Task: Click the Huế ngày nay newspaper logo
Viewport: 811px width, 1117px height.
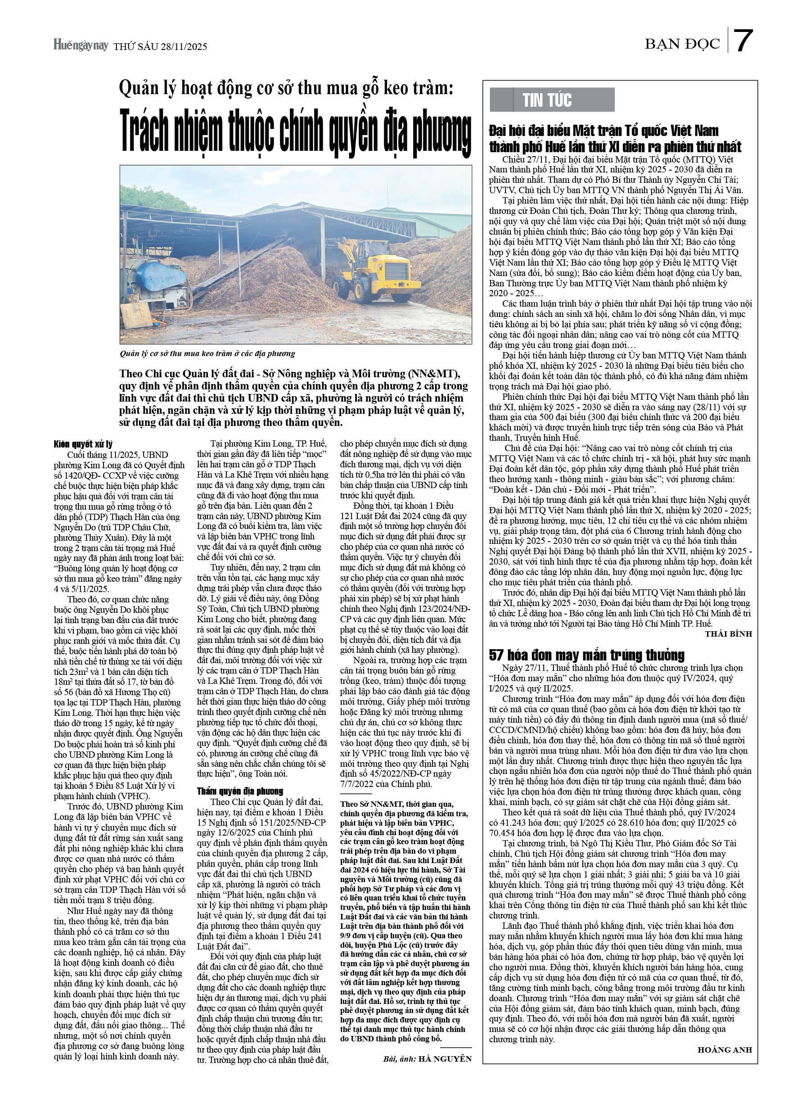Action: coord(81,45)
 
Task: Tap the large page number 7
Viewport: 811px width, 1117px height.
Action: coord(743,41)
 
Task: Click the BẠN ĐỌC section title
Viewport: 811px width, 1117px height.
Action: coord(682,44)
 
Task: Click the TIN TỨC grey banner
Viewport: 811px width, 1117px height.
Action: coord(551,100)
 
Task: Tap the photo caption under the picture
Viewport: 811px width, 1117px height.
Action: coord(207,353)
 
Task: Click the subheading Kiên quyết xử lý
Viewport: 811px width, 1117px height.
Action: coord(83,444)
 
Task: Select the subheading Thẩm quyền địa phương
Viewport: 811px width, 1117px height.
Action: coord(240,791)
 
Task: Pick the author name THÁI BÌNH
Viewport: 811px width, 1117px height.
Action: coord(728,634)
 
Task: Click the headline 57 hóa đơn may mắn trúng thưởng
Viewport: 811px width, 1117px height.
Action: coord(586,655)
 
